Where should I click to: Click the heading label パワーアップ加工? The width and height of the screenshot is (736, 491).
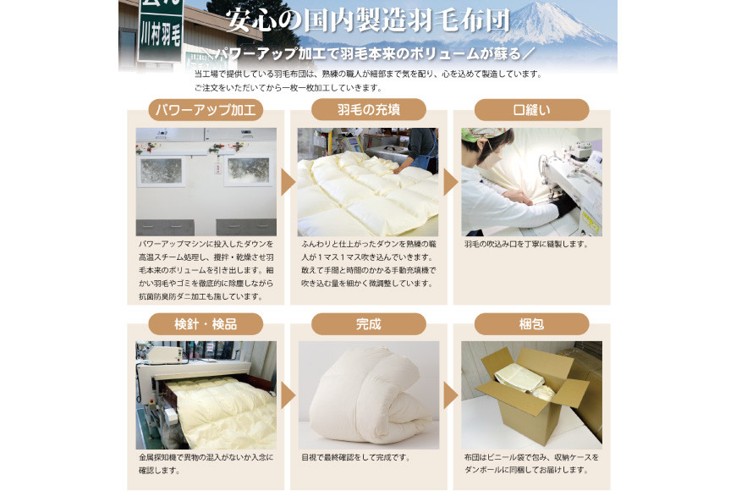(206, 110)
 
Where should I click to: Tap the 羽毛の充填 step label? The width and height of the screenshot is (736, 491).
(369, 110)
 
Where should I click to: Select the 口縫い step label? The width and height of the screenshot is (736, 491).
(531, 110)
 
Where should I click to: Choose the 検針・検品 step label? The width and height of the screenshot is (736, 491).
(206, 324)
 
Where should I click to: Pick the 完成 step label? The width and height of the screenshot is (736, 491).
(369, 324)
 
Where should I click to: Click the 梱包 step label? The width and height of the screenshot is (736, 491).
(531, 324)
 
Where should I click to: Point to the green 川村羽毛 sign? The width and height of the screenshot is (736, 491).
(161, 31)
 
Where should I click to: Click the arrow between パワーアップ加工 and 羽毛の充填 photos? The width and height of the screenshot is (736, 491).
(288, 182)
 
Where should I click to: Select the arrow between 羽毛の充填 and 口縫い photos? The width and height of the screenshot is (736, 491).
(450, 182)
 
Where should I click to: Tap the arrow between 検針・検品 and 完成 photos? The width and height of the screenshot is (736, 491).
(288, 395)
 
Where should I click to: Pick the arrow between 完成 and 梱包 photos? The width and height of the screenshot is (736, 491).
(450, 395)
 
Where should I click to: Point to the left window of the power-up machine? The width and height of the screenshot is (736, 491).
(161, 170)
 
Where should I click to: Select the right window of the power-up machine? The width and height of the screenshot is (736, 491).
(249, 170)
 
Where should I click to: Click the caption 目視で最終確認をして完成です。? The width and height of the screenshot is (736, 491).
(356, 457)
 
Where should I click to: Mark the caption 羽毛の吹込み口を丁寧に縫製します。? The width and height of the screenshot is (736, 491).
(526, 244)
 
